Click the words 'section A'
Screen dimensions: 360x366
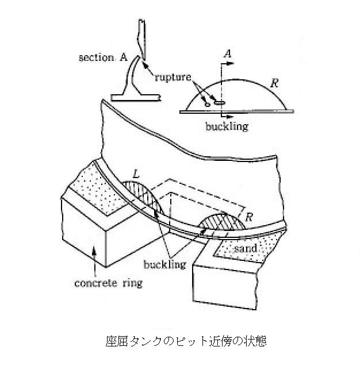[x=103, y=57]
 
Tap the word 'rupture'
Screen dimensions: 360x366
[x=173, y=77]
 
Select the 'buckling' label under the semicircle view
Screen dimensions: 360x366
[x=227, y=126]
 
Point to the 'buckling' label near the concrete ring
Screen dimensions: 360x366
[x=165, y=264]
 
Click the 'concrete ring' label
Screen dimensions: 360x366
[x=108, y=283]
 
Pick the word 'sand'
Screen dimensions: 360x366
[x=246, y=248]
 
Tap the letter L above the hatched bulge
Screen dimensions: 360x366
[x=136, y=174]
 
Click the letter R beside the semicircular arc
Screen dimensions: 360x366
[x=275, y=83]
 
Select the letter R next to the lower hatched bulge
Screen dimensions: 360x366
[x=249, y=217]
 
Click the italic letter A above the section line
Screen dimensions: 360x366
[x=227, y=53]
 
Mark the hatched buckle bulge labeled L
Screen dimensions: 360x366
[x=143, y=196]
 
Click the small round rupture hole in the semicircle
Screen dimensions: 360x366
[x=207, y=105]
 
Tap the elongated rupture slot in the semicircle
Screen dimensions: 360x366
[x=220, y=102]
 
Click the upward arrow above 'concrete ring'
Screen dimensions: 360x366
[x=94, y=261]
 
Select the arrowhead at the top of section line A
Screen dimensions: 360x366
[x=231, y=63]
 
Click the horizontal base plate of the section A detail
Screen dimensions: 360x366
[x=136, y=98]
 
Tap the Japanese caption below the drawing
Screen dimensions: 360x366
[x=186, y=341]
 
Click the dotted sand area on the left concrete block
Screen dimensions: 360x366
[x=96, y=189]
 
